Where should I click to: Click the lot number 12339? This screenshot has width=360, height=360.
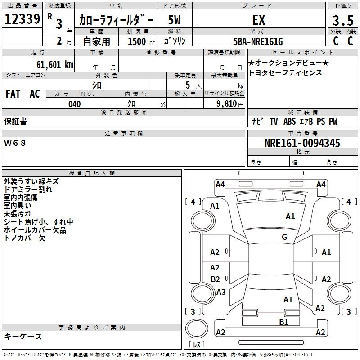22,19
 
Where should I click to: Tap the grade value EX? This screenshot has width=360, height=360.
259,20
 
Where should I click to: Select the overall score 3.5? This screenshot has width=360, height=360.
343,20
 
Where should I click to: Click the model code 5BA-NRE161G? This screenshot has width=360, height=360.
258,41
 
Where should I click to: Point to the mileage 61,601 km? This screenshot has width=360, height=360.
54,65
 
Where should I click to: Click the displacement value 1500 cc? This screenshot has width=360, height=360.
141,41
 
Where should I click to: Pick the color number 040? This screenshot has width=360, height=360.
74,104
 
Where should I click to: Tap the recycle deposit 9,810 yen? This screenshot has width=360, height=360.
229,104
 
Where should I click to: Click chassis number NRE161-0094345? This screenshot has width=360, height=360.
302,143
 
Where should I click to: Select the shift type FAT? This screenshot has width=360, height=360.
13,94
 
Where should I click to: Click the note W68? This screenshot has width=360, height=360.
15,143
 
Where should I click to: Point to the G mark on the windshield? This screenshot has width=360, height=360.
284,237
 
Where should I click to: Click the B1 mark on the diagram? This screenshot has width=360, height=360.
283,322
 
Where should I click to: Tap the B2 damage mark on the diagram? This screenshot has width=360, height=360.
215,279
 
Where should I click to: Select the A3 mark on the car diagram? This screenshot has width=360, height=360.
221,292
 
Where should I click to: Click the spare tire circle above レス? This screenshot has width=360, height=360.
197,328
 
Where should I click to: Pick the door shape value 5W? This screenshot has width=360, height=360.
174,20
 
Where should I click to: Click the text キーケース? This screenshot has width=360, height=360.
23,336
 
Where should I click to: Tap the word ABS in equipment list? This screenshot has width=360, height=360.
289,121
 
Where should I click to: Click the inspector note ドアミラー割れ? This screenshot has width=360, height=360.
28,189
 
